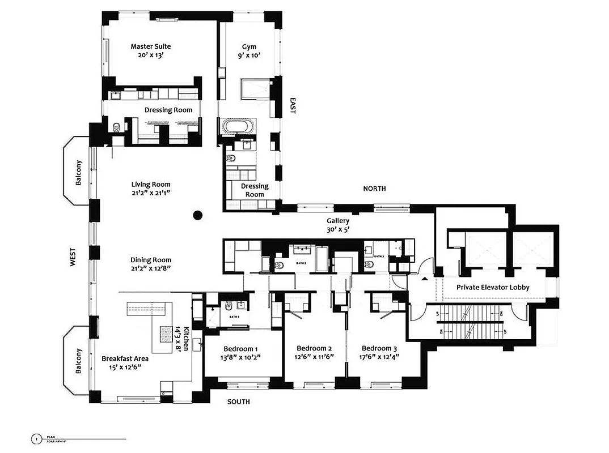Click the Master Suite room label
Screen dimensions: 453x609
[x=150, y=46]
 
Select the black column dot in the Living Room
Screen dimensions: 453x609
[x=197, y=215]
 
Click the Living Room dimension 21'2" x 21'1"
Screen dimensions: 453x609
[x=151, y=193]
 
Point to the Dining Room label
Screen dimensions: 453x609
[x=151, y=260]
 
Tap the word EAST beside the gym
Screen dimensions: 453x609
[x=293, y=105]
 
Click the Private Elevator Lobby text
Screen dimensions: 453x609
[x=493, y=287]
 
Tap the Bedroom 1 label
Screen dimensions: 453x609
[x=240, y=348]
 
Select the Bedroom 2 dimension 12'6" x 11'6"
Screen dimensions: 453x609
[x=314, y=357]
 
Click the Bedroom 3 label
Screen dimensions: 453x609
[x=379, y=348]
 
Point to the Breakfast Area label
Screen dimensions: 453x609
[x=125, y=358]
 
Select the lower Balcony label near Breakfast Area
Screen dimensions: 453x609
[x=78, y=361]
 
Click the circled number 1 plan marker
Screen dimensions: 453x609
[x=36, y=438]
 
